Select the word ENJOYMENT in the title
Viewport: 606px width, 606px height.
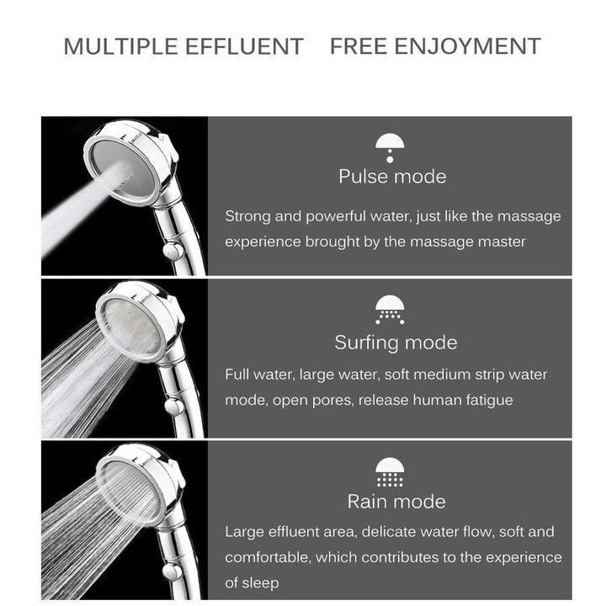[x=469, y=46]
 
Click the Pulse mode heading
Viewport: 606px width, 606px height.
[x=392, y=177]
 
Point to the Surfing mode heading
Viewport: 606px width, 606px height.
[x=396, y=343]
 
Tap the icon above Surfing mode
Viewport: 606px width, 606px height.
[x=390, y=309]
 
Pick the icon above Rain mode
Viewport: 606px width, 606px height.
[x=390, y=472]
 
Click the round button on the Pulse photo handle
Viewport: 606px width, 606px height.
[x=172, y=250]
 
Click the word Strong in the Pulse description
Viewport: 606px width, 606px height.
[x=247, y=216]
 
